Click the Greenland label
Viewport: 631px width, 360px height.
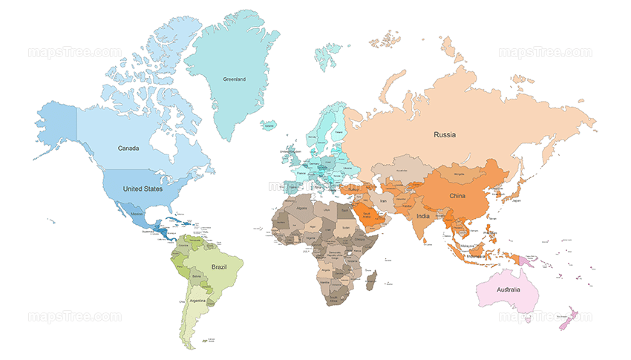[x=234, y=79]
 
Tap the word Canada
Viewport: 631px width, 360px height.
[x=128, y=148]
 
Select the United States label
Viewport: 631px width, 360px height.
[x=143, y=189]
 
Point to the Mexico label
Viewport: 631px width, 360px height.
[x=137, y=214]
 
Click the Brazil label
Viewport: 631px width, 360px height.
[x=219, y=265]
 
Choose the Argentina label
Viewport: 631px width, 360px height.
[x=197, y=301]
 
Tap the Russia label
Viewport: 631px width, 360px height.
[x=445, y=134]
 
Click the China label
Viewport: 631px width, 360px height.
[x=457, y=196]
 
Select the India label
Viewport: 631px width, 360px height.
[x=422, y=216]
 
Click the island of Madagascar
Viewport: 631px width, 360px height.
[x=374, y=281]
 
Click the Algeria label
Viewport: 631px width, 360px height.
[x=301, y=210]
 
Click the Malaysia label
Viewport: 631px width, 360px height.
[x=465, y=244]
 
